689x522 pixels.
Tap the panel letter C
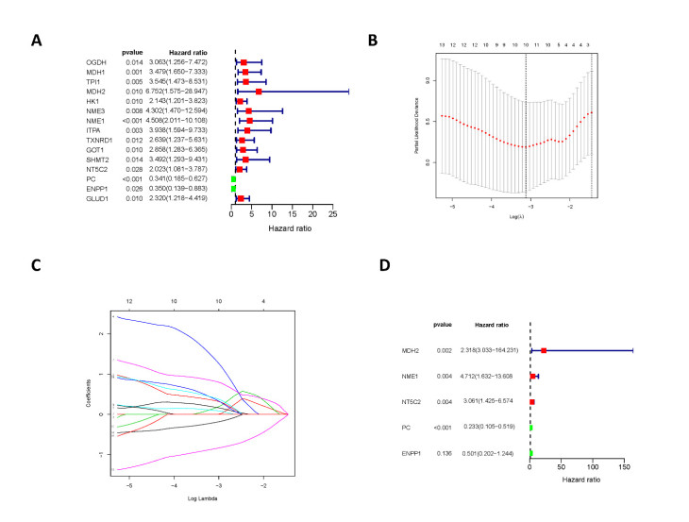(37, 267)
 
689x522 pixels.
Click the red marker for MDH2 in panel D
(544, 351)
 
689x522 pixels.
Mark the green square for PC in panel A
(234, 178)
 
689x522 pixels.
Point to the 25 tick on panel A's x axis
(331, 215)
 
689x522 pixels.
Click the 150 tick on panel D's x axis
(623, 466)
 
